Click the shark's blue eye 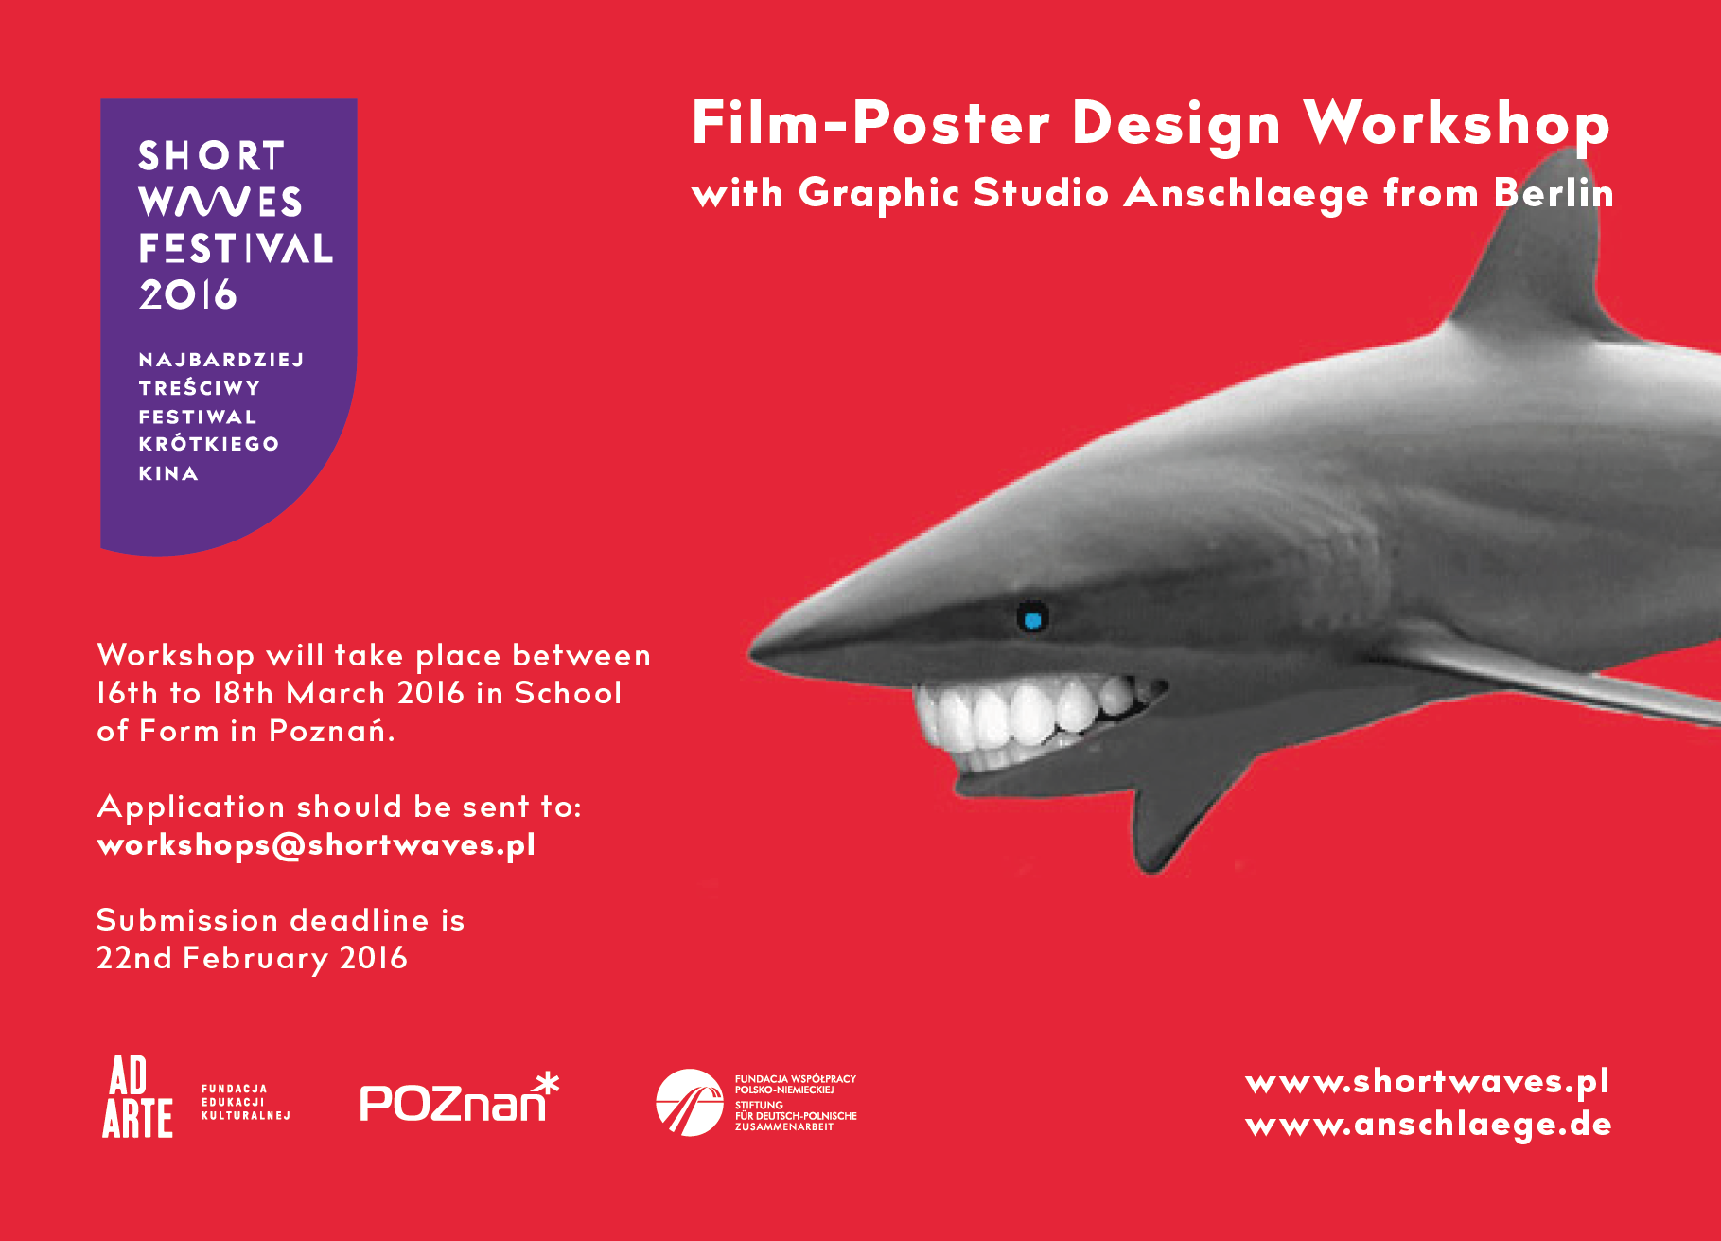1032,619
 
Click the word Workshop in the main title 1456,124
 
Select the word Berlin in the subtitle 1554,193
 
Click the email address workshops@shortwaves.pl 316,844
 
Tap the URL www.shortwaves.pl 1428,1082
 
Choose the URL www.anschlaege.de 1429,1125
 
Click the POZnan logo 460,1098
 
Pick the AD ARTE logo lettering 137,1096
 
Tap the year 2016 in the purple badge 187,294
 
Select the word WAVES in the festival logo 220,201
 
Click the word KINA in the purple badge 168,473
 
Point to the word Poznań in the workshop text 332,731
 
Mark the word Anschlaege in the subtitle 1246,194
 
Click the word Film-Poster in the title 870,124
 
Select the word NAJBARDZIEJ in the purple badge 221,360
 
